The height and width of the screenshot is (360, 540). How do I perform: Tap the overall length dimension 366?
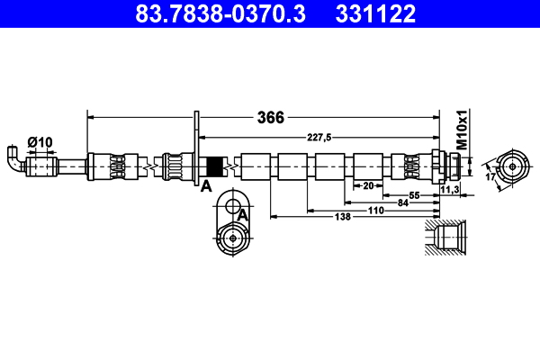(x=271, y=117)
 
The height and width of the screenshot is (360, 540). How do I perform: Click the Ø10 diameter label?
(x=40, y=141)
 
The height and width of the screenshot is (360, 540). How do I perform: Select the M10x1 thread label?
(x=462, y=131)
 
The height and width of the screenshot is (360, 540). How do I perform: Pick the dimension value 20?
(x=367, y=185)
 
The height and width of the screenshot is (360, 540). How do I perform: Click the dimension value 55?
(x=415, y=195)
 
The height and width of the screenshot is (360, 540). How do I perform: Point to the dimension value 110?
(x=375, y=211)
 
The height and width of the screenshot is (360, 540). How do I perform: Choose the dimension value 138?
(x=342, y=218)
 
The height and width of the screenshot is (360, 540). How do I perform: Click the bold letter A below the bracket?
(x=205, y=186)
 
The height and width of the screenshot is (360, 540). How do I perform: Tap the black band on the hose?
(x=215, y=167)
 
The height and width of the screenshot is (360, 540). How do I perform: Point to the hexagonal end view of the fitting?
(x=512, y=166)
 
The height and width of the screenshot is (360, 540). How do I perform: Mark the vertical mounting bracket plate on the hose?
(x=196, y=148)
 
